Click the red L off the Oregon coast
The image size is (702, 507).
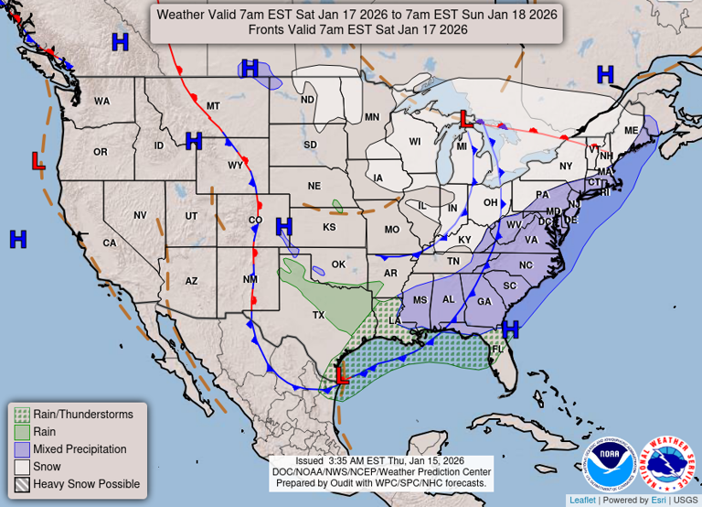pyautogui.click(x=37, y=162)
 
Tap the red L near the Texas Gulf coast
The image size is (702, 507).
pyautogui.click(x=342, y=375)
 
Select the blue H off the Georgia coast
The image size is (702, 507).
pyautogui.click(x=510, y=328)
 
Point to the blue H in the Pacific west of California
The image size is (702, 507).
pyautogui.click(x=17, y=240)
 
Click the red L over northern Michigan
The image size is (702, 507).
pyautogui.click(x=465, y=119)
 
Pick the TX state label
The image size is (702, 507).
pyautogui.click(x=318, y=315)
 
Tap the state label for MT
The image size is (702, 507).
pyautogui.click(x=213, y=106)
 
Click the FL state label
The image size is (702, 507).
pyautogui.click(x=498, y=349)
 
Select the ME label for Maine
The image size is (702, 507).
pyautogui.click(x=630, y=131)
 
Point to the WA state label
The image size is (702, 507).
pyautogui.click(x=101, y=101)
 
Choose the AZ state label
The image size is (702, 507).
pyautogui.click(x=191, y=281)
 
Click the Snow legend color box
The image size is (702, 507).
pyautogui.click(x=21, y=467)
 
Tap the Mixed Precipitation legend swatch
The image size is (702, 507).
pyautogui.click(x=21, y=449)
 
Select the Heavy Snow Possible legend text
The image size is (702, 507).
pyautogui.click(x=86, y=484)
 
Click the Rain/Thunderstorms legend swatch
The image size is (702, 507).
pyautogui.click(x=21, y=415)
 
